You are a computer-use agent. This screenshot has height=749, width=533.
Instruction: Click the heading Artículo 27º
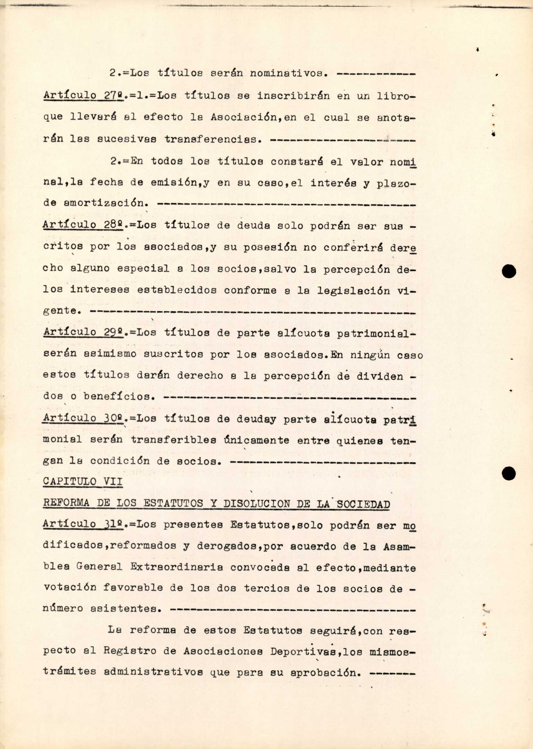point(83,96)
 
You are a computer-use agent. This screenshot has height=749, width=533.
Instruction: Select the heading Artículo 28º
point(83,225)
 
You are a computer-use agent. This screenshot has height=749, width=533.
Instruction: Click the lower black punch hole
point(509,474)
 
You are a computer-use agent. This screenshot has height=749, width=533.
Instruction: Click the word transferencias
point(213,139)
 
